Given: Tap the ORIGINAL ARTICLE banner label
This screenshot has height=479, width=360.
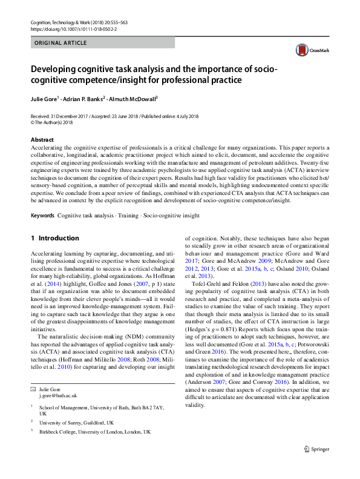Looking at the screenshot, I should (x=61, y=43).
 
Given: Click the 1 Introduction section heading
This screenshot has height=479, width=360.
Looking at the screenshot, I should (x=55, y=238).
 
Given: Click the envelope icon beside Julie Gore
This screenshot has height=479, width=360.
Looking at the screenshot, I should (x=33, y=388).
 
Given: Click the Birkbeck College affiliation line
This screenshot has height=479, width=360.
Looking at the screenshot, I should (x=94, y=431).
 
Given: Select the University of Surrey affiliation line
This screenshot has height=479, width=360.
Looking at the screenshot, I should (x=76, y=422).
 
